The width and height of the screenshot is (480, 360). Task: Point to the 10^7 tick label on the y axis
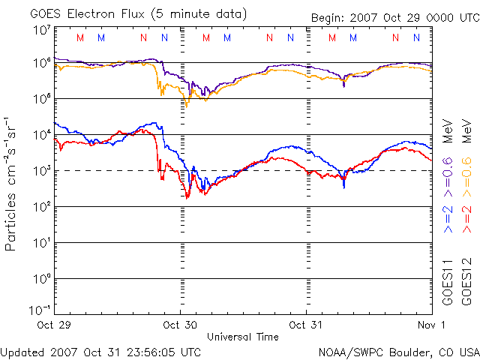[42, 31]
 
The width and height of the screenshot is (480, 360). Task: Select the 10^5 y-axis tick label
[42, 98]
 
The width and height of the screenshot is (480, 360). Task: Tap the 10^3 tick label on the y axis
[42, 171]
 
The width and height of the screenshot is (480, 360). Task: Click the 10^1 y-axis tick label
[42, 243]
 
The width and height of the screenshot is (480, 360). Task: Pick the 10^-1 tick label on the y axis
[40, 310]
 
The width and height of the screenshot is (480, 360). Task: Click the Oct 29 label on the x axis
[54, 325]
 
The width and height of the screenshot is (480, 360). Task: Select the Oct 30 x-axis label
[180, 325]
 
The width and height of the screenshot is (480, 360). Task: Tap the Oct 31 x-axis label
[305, 325]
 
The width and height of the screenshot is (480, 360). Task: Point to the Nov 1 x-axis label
[431, 325]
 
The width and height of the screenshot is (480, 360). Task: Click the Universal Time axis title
[243, 337]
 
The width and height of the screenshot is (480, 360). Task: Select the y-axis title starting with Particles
[10, 184]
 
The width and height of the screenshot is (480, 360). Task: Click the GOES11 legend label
[448, 282]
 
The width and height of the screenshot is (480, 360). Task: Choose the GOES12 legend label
[466, 282]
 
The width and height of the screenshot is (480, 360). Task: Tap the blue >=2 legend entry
[448, 219]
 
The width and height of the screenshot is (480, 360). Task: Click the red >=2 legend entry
[466, 219]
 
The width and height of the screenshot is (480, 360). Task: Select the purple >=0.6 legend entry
[448, 177]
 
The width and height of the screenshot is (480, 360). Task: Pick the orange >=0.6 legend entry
[466, 177]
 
